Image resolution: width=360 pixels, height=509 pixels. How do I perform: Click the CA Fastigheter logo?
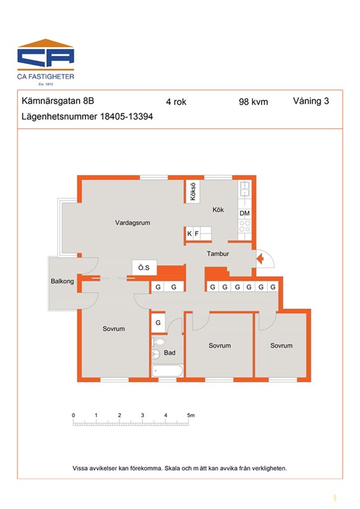click(45, 62)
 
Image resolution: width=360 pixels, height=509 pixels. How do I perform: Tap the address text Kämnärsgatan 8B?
click(58, 101)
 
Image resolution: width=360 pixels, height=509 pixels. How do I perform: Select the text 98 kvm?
click(253, 102)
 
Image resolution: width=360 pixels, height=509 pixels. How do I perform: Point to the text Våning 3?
click(310, 101)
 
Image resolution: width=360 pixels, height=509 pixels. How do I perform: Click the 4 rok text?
click(176, 102)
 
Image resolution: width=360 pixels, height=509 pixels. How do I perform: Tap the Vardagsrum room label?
click(132, 223)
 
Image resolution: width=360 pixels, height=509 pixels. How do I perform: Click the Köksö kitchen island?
click(193, 192)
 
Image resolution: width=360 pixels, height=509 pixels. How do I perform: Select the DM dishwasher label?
click(244, 213)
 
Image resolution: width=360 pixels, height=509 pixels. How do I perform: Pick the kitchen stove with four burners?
click(245, 226)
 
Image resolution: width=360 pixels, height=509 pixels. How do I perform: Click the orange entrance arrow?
click(260, 259)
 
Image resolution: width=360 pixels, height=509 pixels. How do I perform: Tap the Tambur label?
click(218, 254)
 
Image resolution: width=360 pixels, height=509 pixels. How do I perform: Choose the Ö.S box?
click(144, 267)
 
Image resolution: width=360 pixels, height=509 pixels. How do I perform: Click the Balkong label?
click(62, 281)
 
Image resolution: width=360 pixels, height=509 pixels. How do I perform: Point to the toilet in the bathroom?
click(159, 342)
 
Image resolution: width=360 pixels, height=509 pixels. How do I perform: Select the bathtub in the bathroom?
click(167, 371)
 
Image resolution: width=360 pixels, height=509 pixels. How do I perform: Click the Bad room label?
click(169, 352)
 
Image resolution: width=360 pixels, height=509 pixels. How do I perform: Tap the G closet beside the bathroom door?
click(158, 323)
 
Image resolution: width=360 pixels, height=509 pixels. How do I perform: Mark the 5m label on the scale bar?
click(191, 415)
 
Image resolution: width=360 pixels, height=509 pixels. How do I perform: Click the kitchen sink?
click(244, 189)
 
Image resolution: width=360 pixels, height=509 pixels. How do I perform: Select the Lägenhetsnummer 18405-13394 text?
click(87, 116)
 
